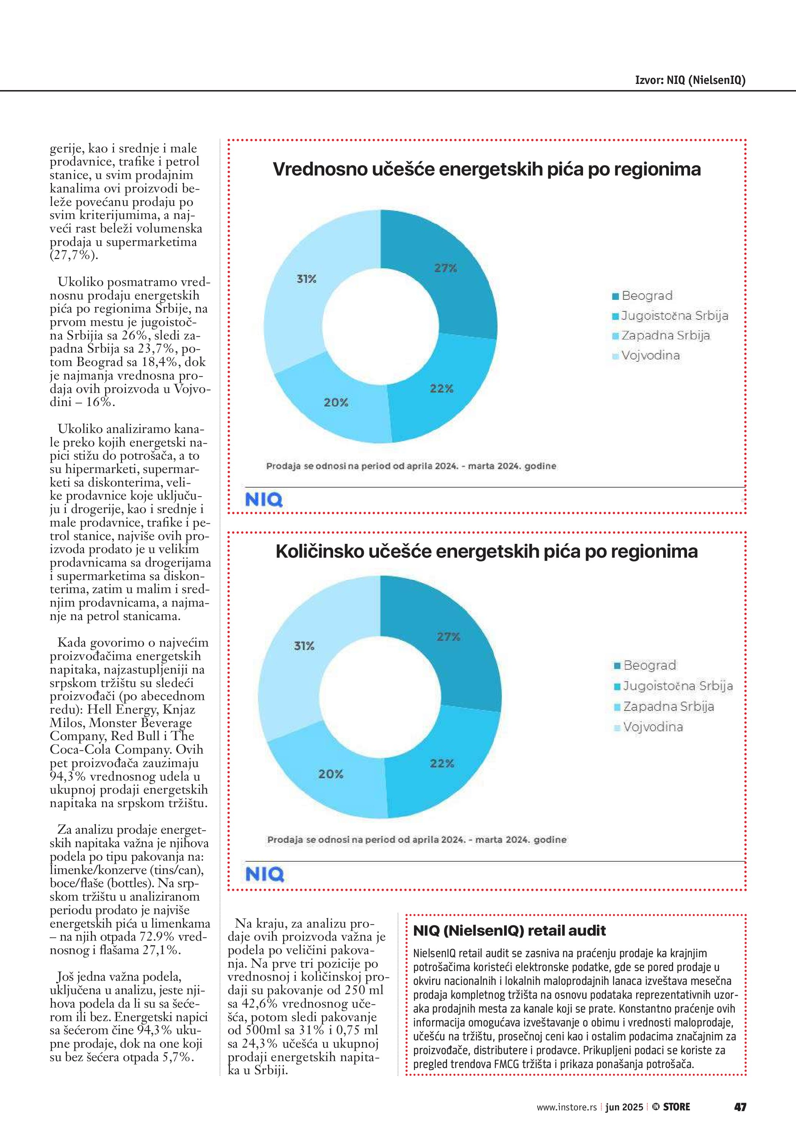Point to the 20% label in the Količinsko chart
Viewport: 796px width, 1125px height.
331,774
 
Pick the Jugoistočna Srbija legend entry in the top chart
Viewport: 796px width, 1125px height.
674,316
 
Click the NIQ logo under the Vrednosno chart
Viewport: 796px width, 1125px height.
264,500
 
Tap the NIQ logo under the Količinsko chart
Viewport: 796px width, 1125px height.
264,874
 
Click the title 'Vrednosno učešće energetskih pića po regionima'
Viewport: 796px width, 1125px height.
487,169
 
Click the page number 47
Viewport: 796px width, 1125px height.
740,1107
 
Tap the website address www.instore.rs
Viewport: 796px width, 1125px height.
566,1107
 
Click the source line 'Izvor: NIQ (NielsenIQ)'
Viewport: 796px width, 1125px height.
690,80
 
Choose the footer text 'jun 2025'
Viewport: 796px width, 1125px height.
624,1107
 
